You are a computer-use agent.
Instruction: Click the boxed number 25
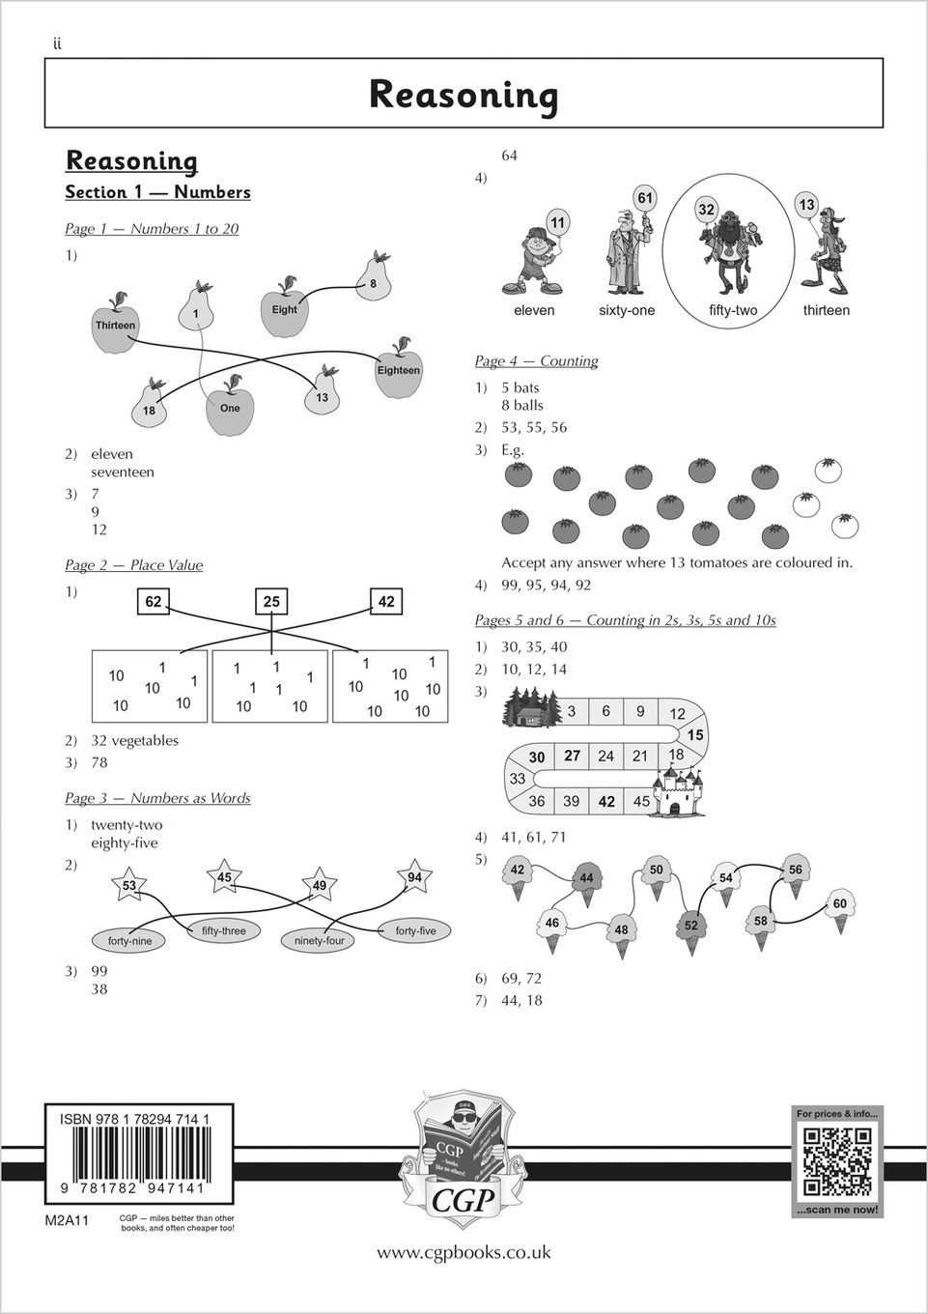(271, 601)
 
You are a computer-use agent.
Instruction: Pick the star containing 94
(414, 876)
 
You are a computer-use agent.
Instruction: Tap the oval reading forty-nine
(129, 940)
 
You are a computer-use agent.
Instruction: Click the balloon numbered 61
(645, 199)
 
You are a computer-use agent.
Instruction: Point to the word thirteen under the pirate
(826, 310)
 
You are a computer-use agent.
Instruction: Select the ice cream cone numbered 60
(839, 907)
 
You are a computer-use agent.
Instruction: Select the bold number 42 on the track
(606, 801)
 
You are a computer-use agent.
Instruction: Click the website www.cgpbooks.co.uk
(464, 1252)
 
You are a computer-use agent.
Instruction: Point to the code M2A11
(67, 1220)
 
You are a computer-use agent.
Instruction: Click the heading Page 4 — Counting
(536, 360)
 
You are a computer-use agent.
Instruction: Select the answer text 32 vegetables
(134, 740)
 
